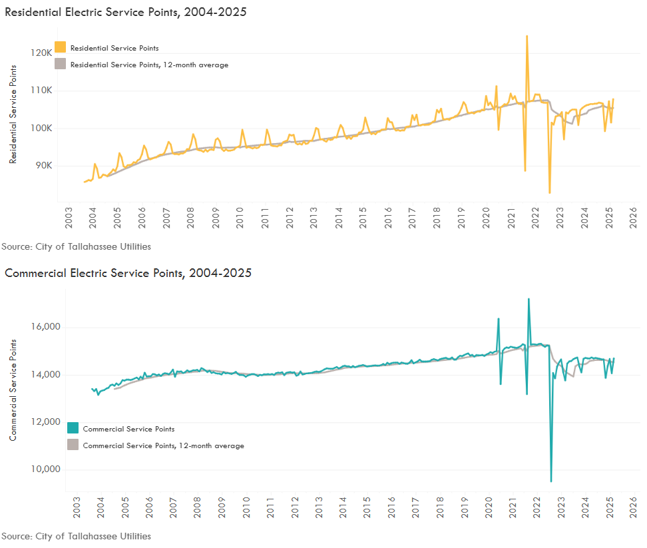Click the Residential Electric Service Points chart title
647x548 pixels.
(x=125, y=12)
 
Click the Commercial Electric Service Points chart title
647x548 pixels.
(x=128, y=273)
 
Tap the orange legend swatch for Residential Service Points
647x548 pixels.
(x=61, y=47)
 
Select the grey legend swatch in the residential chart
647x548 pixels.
(x=61, y=64)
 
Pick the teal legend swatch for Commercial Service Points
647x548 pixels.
(x=73, y=429)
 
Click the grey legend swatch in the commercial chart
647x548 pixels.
(x=73, y=445)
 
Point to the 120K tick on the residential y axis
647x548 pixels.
(x=41, y=53)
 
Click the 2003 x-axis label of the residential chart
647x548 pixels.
(x=69, y=218)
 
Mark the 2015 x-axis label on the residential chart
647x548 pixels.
(x=363, y=218)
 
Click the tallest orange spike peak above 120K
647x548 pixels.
(x=527, y=36)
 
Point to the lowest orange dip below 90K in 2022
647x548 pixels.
(x=550, y=193)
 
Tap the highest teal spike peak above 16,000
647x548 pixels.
(x=529, y=299)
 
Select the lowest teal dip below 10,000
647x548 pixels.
(x=551, y=481)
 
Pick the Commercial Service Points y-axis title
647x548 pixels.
(x=13, y=390)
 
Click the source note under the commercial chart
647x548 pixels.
(x=76, y=536)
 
